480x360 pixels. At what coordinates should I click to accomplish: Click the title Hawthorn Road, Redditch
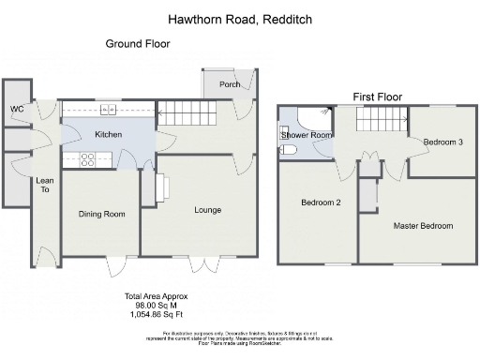[240, 19]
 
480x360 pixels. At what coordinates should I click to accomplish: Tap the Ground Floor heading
[137, 44]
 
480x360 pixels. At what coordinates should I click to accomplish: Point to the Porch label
[230, 84]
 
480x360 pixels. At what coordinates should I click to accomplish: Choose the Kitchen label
[109, 135]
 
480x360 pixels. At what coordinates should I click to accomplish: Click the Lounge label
[207, 210]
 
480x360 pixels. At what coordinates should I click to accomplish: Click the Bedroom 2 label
[320, 202]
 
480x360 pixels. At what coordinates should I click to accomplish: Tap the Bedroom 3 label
[442, 142]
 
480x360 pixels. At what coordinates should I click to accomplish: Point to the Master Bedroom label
[423, 226]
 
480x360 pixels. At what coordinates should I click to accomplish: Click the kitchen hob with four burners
[89, 158]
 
